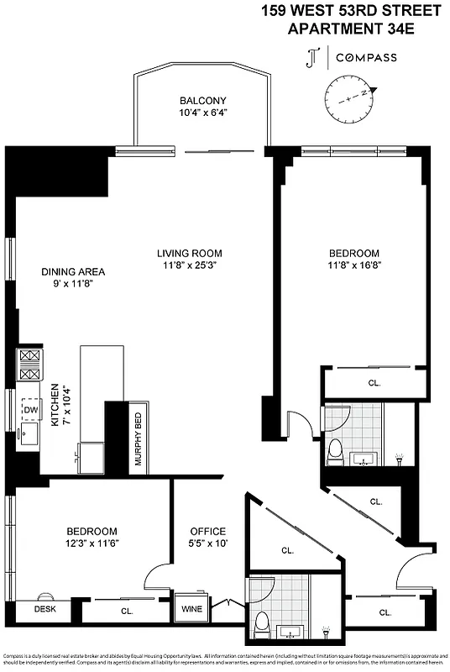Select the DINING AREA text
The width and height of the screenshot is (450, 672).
[x=73, y=271]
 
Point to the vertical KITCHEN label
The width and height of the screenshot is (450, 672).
[x=55, y=407]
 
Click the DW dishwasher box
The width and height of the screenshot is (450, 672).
[x=30, y=409]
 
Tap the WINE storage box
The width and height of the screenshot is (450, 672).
[x=186, y=608]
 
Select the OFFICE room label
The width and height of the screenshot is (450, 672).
[x=207, y=531]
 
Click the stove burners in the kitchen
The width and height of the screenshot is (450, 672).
[x=29, y=365]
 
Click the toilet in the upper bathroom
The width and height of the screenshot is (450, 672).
[x=336, y=451]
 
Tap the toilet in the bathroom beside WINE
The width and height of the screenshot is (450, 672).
[x=262, y=622]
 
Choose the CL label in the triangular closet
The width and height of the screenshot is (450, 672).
[x=286, y=551]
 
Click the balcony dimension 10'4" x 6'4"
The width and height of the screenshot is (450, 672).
[x=202, y=113]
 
